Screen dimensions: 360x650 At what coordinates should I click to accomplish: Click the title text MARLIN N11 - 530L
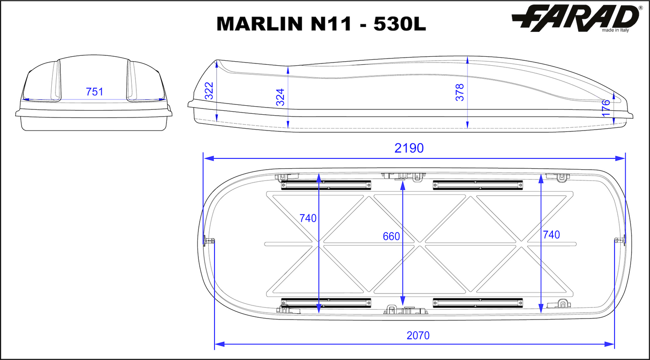coord(321,24)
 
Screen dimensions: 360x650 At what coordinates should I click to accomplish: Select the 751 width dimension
coord(94,92)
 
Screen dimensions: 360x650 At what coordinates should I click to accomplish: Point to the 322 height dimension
coord(209,92)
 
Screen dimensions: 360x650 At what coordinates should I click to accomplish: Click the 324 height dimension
coord(280,97)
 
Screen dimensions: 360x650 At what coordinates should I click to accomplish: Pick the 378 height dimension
coord(459,92)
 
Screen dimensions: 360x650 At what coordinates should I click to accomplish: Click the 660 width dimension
coord(391,236)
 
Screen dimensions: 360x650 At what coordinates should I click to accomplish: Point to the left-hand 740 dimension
coord(308,218)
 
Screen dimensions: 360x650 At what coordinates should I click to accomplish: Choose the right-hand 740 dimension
coord(551,234)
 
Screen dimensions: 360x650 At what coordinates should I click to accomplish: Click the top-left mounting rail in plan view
coord(326,184)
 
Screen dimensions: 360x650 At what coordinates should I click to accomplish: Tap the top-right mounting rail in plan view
coord(478,184)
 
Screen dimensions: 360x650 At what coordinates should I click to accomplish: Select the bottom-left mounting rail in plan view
coord(326,302)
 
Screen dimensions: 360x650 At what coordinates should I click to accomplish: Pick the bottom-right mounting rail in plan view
coord(478,302)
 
